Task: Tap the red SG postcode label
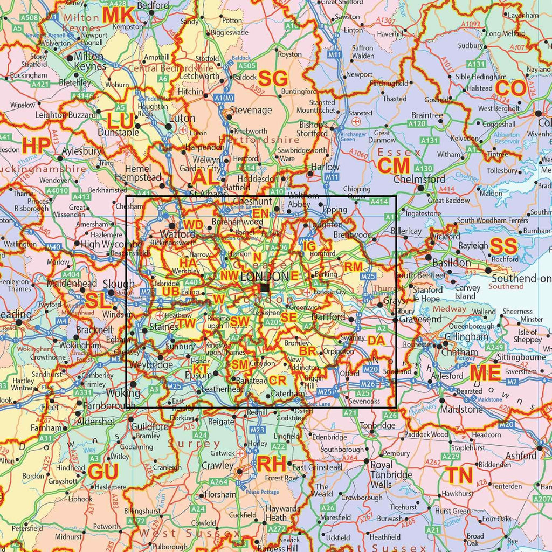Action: [x=273, y=79]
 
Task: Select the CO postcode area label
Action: [x=510, y=88]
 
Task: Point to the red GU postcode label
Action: [x=103, y=472]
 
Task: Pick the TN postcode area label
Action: [x=459, y=475]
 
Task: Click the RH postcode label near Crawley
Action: [x=271, y=464]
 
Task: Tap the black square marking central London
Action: [x=265, y=288]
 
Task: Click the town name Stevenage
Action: [x=251, y=110]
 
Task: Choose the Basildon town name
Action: [x=452, y=263]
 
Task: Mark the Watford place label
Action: [x=178, y=234]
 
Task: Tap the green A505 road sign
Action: [x=246, y=66]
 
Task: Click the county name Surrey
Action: [x=187, y=444]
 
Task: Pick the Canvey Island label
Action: [x=465, y=292]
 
